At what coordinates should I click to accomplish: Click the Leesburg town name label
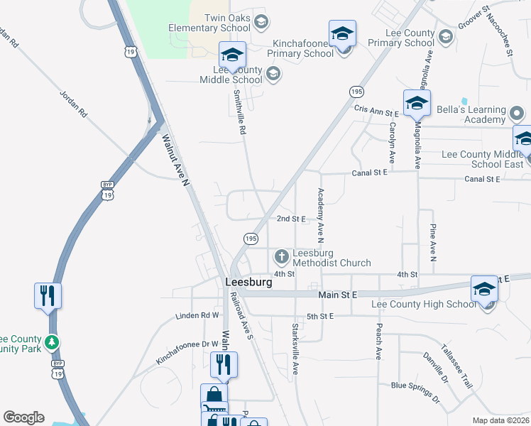(x=248, y=282)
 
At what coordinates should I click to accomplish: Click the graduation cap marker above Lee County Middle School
(x=232, y=54)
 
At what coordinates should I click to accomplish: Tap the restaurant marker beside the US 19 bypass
(x=48, y=295)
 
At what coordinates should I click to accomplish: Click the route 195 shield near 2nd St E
(x=251, y=239)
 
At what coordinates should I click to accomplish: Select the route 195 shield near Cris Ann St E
(x=356, y=92)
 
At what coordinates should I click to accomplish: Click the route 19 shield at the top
(x=128, y=52)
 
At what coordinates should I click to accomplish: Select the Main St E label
(x=337, y=294)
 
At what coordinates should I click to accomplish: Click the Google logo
(x=23, y=417)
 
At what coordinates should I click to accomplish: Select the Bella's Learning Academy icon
(x=517, y=114)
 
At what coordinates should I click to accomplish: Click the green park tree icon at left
(x=51, y=343)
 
